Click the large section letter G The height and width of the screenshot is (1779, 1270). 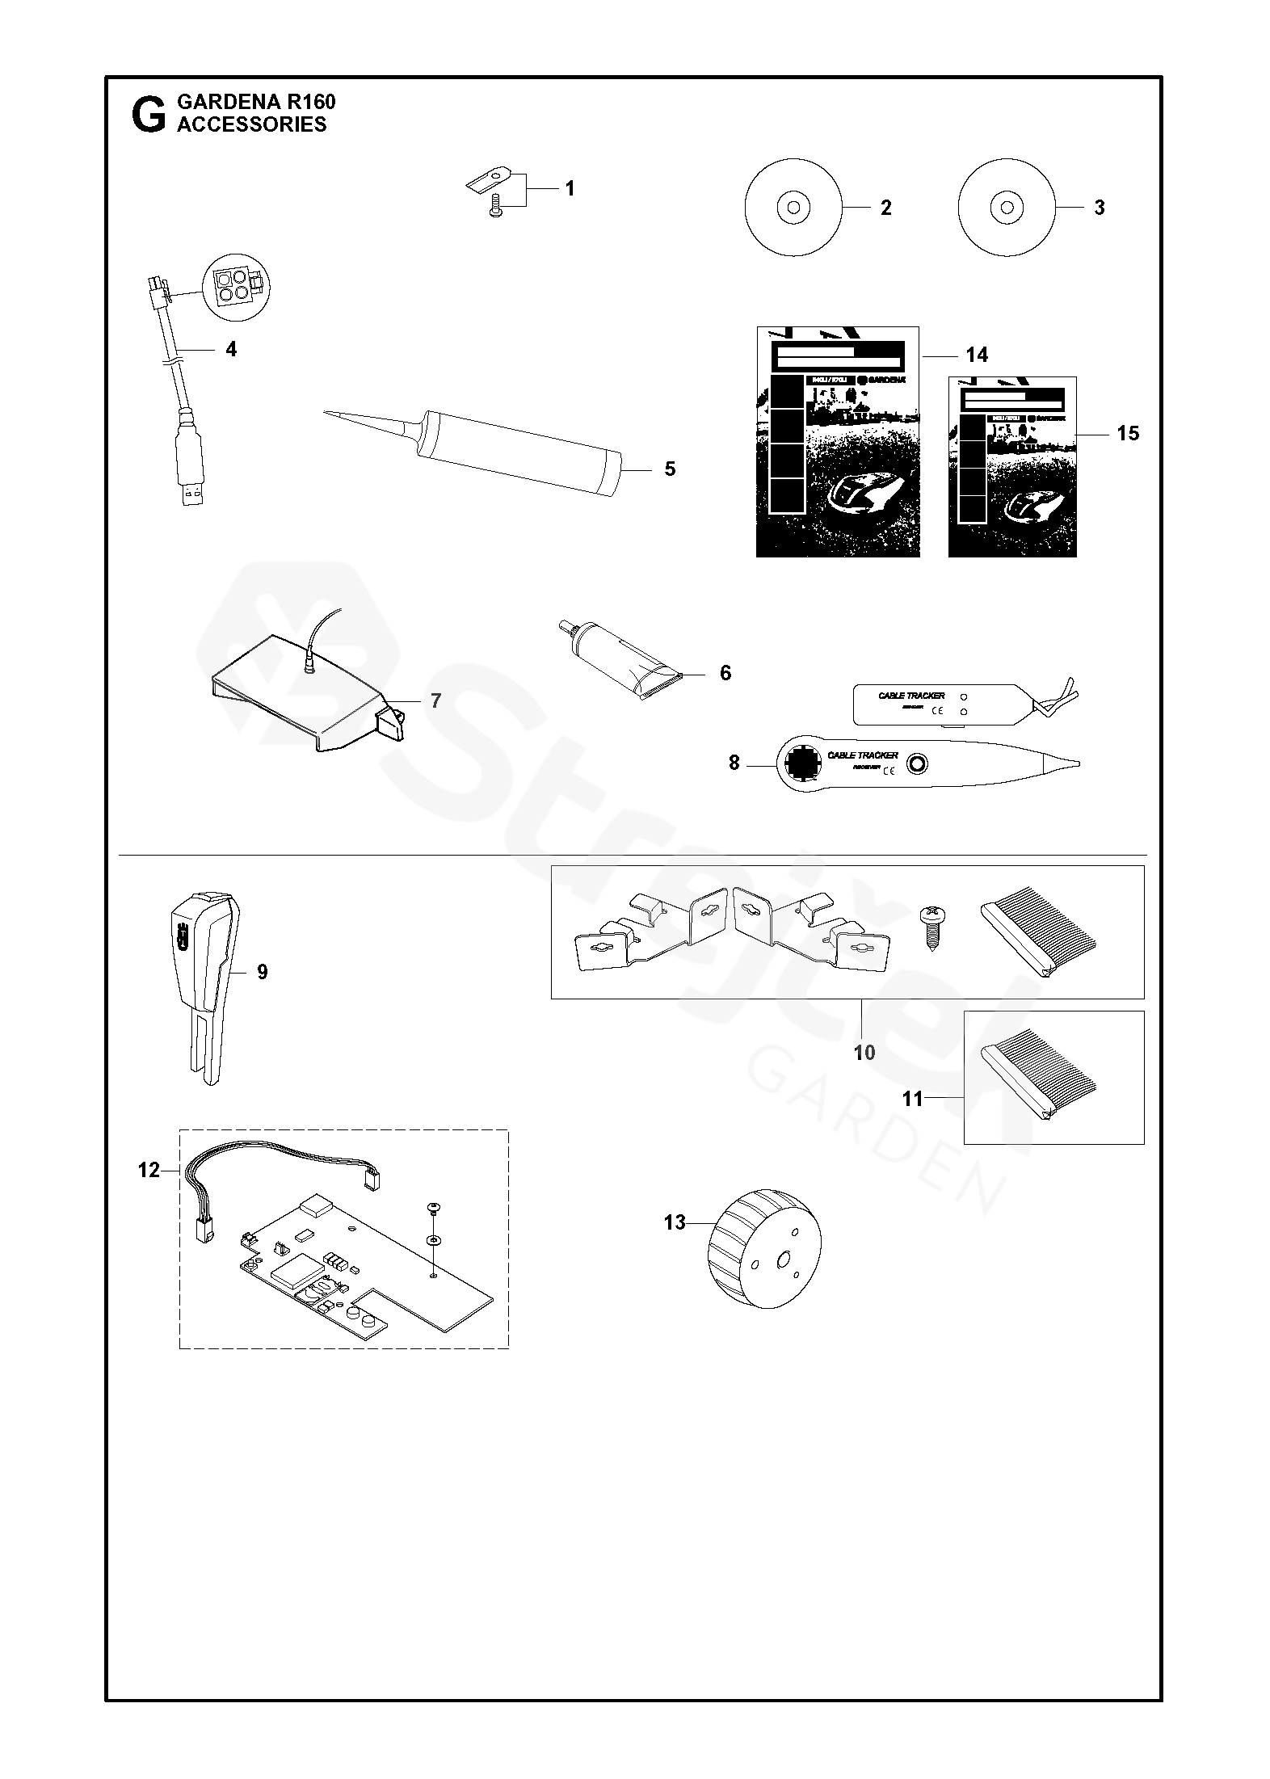[148, 116]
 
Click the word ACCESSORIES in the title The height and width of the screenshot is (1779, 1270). [251, 124]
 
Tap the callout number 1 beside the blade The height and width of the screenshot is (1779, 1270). [570, 189]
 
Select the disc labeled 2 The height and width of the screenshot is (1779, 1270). [793, 208]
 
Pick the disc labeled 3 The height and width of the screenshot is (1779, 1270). [1007, 208]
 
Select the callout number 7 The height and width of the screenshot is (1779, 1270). [436, 700]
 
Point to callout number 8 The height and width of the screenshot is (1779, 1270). [734, 763]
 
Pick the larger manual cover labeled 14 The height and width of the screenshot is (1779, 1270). [837, 442]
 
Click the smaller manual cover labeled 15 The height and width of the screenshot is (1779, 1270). [1011, 467]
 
